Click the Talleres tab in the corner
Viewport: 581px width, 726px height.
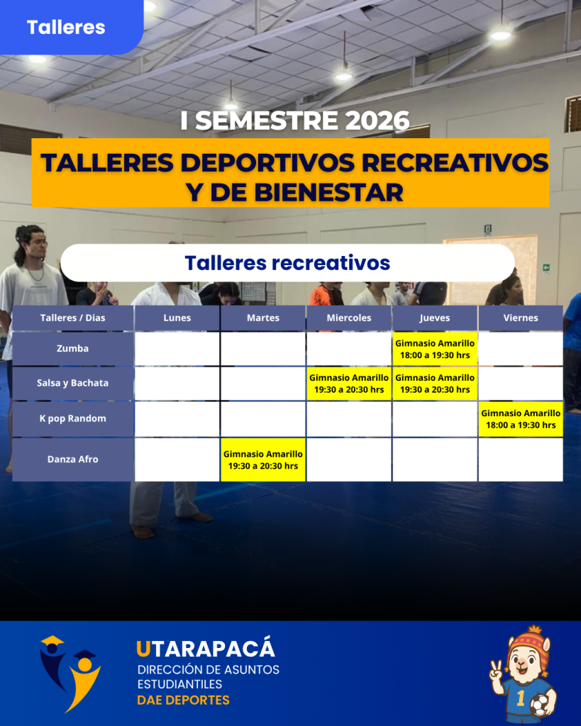coord(66,27)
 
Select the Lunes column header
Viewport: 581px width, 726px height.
coord(177,318)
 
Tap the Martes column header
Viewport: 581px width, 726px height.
coord(263,318)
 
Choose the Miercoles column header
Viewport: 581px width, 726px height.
coord(349,318)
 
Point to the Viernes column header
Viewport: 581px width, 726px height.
coord(521,318)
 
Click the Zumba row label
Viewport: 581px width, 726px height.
coord(73,349)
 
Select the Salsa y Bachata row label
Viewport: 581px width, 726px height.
coord(73,384)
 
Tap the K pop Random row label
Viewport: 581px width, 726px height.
coord(73,418)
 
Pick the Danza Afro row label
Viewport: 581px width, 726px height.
coord(73,459)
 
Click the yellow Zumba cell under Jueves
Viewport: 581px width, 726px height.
coord(435,349)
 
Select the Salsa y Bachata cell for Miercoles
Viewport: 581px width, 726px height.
coord(349,384)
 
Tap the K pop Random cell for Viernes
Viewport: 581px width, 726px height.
coord(521,419)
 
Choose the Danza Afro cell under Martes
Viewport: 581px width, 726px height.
coord(263,459)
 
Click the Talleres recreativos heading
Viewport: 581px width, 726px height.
coord(287,262)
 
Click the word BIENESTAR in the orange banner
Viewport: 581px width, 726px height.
coord(329,192)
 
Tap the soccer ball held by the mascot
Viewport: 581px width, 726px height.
coord(541,704)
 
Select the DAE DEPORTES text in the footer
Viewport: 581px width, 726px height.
coord(184,700)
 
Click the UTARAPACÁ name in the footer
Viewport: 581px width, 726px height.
coord(206,649)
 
